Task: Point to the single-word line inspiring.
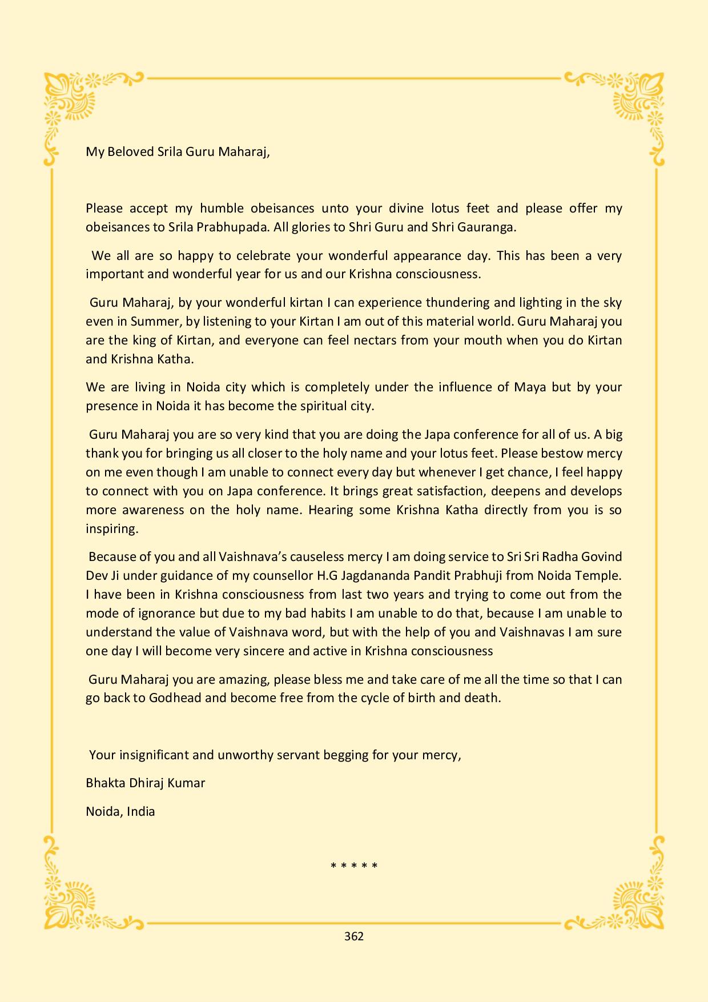point(112,528)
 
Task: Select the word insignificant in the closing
point(154,755)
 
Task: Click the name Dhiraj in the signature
point(146,783)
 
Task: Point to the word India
point(140,811)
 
